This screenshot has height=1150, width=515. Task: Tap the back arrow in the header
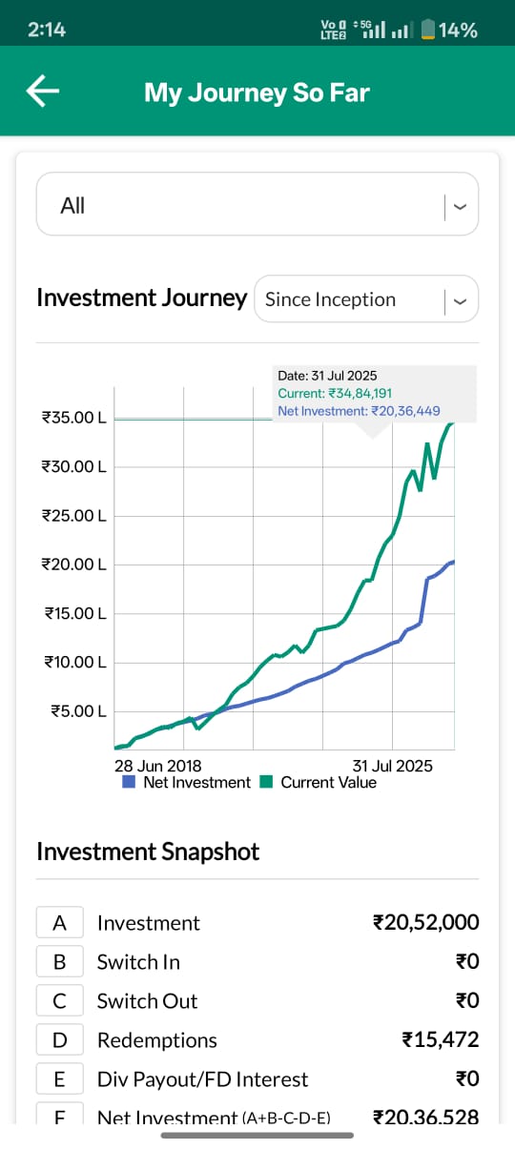[x=43, y=92]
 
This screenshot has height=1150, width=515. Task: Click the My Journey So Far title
[x=257, y=92]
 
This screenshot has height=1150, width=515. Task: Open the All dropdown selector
[x=257, y=205]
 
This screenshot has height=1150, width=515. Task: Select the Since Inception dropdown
[x=366, y=299]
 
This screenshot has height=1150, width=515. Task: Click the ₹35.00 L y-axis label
[x=73, y=418]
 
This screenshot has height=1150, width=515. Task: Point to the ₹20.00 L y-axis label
[x=73, y=565]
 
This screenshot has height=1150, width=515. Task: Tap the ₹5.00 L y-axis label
[x=75, y=711]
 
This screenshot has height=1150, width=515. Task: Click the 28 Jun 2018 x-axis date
[x=157, y=766]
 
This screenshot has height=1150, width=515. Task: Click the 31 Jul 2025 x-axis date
[x=392, y=766]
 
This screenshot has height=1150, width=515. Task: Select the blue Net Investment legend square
[x=129, y=783]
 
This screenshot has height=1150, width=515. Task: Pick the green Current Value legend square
[x=266, y=783]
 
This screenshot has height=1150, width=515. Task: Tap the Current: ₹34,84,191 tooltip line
[x=335, y=393]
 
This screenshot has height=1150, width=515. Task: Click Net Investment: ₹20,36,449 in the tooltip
[x=359, y=411]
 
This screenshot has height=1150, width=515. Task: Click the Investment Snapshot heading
[x=148, y=852]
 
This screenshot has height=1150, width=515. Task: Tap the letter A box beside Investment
[x=59, y=923]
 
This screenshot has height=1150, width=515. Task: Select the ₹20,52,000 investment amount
[x=425, y=923]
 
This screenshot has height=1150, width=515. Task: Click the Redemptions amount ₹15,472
[x=440, y=1040]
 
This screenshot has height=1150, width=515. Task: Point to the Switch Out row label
[x=148, y=1001]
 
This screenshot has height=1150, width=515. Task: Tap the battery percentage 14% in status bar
[x=458, y=30]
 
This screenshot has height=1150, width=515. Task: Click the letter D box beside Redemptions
[x=59, y=1040]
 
